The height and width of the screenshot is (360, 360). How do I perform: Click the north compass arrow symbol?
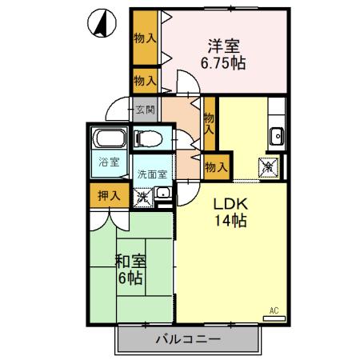pos(100,24)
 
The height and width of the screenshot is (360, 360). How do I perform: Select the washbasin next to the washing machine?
pos(162,193)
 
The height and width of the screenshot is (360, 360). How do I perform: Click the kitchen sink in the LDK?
pos(278,135)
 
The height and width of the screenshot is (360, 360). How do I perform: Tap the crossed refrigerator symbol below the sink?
pos(269,166)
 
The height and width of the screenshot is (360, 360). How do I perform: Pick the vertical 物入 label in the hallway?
pos(209,122)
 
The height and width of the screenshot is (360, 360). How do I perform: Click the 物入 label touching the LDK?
pos(216,166)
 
